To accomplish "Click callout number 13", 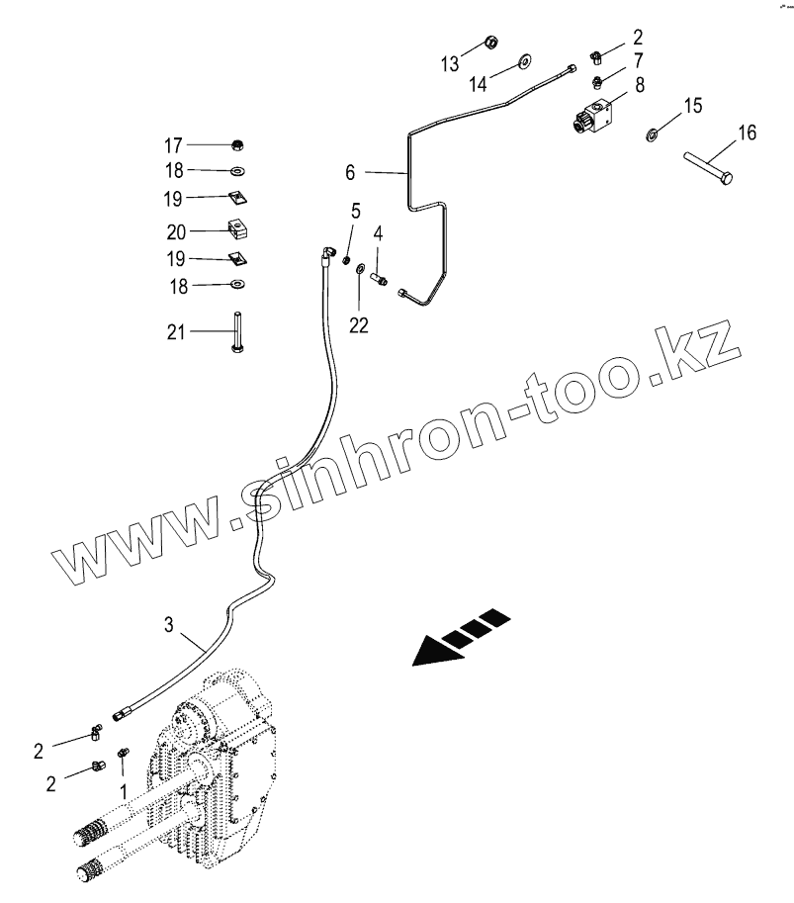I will tap(450, 64).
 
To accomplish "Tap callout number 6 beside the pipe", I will tap(351, 172).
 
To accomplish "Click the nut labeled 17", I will tap(237, 145).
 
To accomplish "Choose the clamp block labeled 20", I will tap(236, 230).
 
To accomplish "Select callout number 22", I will tap(359, 324).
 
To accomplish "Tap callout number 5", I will tap(354, 211).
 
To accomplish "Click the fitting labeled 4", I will tap(380, 278).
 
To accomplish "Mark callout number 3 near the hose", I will tap(169, 624).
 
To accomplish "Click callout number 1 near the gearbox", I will tap(123, 790).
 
